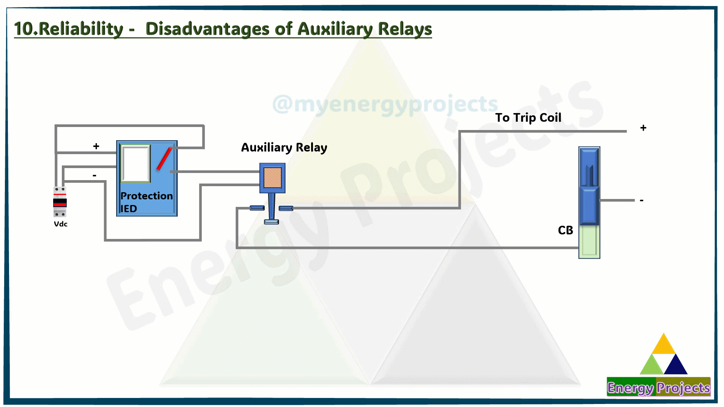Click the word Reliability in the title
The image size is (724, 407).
pos(81,29)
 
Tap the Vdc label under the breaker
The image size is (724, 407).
pos(61,224)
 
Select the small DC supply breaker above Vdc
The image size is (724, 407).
pos(60,202)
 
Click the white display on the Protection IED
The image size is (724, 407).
pos(135,164)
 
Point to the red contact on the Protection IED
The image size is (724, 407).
pos(164,159)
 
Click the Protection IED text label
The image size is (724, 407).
pos(146,202)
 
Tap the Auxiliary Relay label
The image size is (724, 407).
pos(284,147)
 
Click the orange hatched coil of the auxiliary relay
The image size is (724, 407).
pos(272,177)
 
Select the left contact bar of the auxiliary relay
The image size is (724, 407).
pos(257,208)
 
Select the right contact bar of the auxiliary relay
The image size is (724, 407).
pos(286,208)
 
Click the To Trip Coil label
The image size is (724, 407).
pos(528,118)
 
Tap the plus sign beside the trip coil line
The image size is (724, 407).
pos(643,128)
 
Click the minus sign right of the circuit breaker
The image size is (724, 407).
pos(641,200)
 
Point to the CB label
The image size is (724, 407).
pos(565,230)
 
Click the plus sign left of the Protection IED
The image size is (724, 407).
pos(96,146)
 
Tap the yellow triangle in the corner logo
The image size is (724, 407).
pos(663,344)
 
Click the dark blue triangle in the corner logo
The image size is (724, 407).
pos(676,365)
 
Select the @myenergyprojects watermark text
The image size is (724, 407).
pos(385,104)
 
